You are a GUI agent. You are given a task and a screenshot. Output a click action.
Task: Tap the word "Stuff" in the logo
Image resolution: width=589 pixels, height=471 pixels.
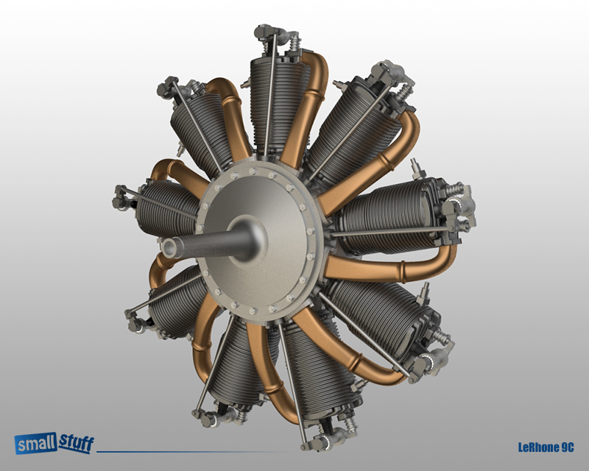[72, 442]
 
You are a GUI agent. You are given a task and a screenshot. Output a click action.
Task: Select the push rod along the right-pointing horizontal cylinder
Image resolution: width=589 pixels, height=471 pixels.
[390, 234]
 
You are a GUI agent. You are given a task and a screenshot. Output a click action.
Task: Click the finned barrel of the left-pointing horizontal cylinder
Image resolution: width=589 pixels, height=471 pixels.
[166, 210]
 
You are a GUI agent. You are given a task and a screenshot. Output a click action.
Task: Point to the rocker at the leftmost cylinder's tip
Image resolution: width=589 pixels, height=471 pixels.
[123, 197]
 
